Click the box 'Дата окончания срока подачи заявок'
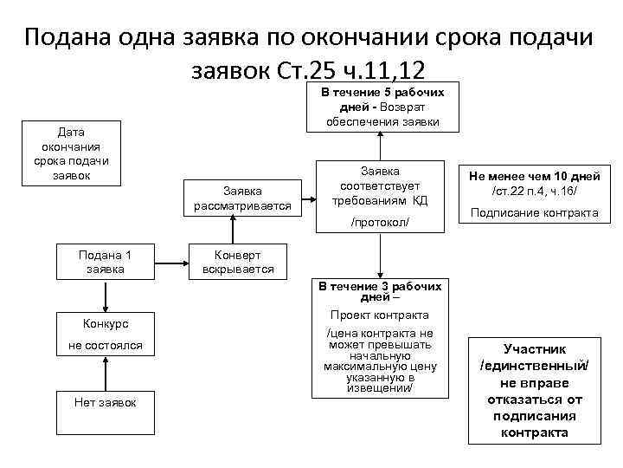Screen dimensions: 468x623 tap(71, 153)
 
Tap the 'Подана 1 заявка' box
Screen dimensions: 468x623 tap(105, 262)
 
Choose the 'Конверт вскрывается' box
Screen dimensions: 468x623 tap(238, 262)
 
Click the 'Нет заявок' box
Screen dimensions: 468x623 tap(105, 402)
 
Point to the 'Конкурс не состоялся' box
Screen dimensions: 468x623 tap(105, 335)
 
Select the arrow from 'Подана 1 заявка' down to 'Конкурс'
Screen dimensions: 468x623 tap(105, 296)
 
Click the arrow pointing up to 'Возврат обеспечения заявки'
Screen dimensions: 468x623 tap(378, 146)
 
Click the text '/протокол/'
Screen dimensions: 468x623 tap(379, 223)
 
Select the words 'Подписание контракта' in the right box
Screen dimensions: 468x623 tap(534, 213)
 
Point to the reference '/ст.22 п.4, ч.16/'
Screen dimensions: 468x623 tap(534, 191)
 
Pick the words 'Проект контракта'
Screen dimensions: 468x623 tap(379, 315)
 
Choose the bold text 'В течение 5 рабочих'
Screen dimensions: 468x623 tap(382, 92)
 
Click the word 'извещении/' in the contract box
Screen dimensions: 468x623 tap(379, 387)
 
